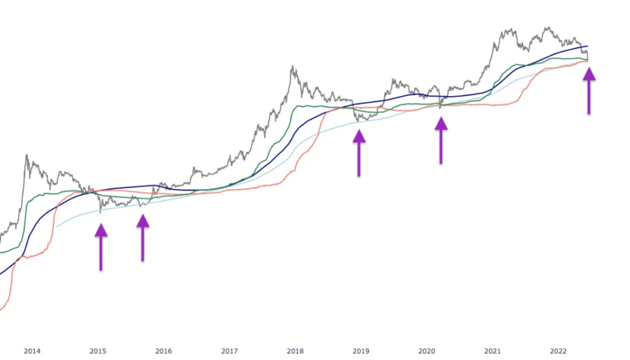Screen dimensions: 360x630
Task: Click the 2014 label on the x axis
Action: [x=32, y=351]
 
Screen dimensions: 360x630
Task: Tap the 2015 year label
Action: [x=98, y=351]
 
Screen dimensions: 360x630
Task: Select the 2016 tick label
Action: [x=163, y=351]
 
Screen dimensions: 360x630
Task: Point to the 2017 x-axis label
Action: [x=229, y=351]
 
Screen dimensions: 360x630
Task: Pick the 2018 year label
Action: [x=295, y=351]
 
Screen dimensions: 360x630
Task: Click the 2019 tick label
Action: [x=361, y=351]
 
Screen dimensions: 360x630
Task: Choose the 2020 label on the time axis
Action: [x=427, y=351]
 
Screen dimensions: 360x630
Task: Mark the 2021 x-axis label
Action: [x=492, y=351]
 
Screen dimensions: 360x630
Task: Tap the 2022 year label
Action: [x=558, y=351]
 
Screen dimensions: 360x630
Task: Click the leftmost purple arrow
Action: [x=101, y=246]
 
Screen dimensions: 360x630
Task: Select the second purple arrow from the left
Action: [x=143, y=237]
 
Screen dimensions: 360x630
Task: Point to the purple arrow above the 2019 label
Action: [x=359, y=152]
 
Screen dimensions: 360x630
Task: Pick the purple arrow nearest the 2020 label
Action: [x=441, y=139]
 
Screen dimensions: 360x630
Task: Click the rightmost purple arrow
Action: [x=589, y=90]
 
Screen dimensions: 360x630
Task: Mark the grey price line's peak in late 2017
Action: [x=292, y=67]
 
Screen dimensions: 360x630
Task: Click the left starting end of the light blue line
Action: [x=58, y=226]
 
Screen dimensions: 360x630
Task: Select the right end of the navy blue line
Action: [x=588, y=46]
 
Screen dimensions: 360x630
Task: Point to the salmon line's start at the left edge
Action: [x=1, y=310]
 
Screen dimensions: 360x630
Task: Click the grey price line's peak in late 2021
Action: [x=547, y=27]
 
